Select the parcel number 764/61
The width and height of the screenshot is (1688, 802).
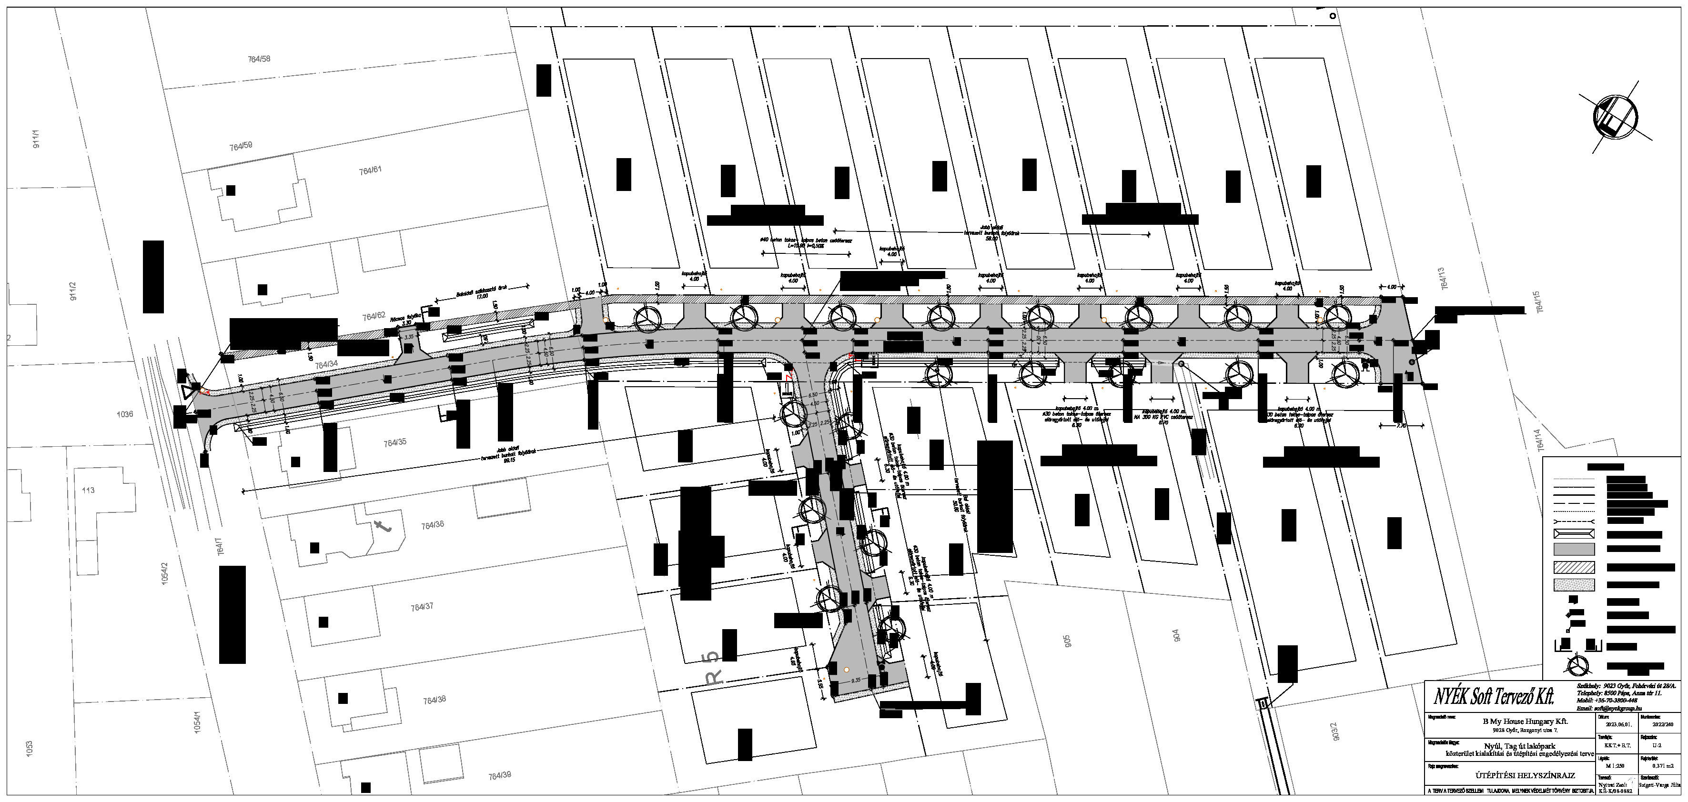370,170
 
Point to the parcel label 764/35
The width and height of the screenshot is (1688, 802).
394,443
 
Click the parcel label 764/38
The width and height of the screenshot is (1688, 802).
434,700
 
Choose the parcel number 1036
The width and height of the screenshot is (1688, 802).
124,414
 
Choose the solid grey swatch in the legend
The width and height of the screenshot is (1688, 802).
1573,549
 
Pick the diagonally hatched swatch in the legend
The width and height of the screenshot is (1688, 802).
1573,567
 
